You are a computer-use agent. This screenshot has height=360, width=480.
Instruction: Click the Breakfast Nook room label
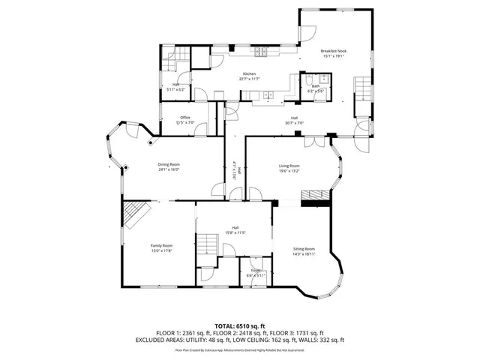334,51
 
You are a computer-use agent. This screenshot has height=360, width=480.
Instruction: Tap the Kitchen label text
249,73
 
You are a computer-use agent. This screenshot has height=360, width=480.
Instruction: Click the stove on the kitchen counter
262,52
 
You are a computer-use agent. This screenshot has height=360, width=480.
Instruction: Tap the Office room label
184,117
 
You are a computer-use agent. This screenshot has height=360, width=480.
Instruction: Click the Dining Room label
169,164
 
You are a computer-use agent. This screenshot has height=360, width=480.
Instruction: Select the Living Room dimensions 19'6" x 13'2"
289,171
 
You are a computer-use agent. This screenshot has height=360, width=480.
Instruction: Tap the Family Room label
162,246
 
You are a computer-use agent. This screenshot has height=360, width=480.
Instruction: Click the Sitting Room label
304,248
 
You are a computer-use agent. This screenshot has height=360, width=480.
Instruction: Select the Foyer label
256,270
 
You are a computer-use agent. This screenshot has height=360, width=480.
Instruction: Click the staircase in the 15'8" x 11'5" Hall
205,244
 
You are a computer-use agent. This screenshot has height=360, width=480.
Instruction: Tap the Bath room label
316,87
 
